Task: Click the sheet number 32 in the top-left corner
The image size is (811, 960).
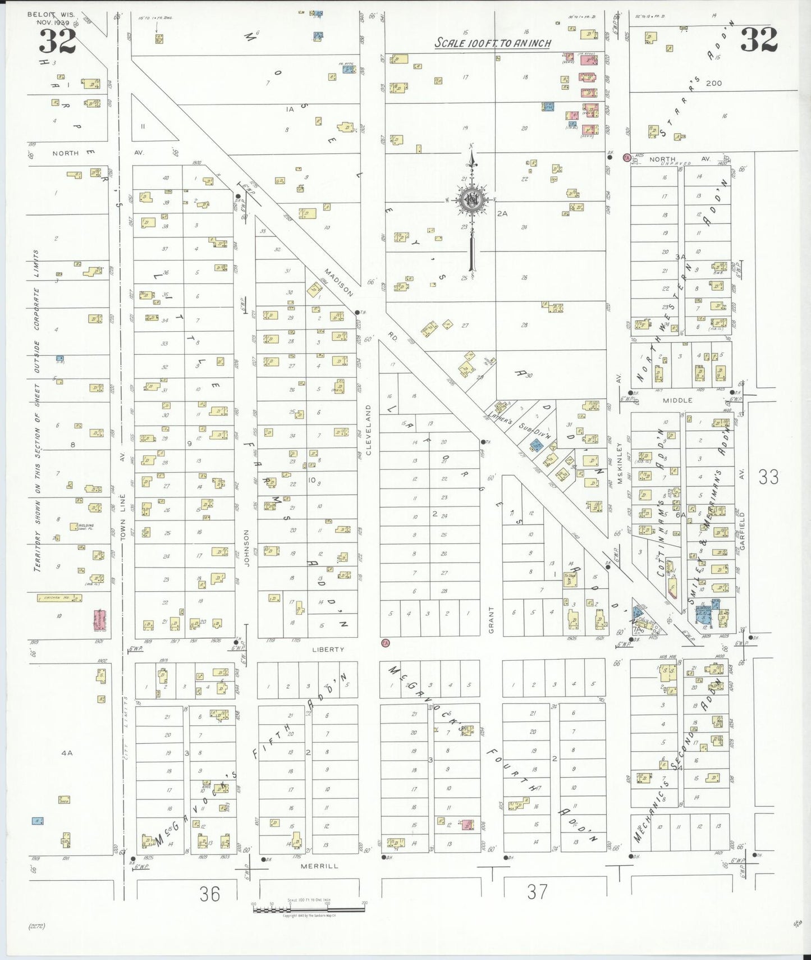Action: click(57, 41)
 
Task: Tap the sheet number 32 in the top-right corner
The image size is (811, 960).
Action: click(759, 39)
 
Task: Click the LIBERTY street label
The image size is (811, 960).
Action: click(328, 650)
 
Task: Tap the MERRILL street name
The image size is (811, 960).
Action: click(319, 866)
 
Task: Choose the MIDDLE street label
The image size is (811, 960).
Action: click(677, 400)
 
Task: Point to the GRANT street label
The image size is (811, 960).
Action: click(491, 620)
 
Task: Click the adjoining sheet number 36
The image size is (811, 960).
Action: click(210, 893)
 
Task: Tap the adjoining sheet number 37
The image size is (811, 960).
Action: click(537, 892)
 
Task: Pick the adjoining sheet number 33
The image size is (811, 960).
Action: click(768, 477)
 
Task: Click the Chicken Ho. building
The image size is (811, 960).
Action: click(59, 598)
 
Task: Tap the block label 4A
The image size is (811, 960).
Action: click(67, 753)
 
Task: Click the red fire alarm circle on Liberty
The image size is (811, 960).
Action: click(385, 643)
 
